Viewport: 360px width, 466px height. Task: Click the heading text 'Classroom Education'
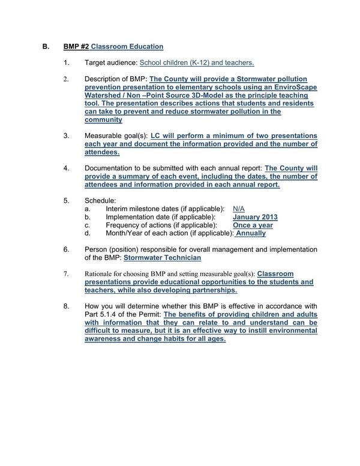pyautogui.click(x=127, y=46)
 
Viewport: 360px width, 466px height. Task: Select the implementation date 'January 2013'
pyautogui.click(x=254, y=217)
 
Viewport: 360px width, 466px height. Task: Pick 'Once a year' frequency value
pyautogui.click(x=253, y=225)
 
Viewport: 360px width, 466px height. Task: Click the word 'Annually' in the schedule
pyautogui.click(x=251, y=233)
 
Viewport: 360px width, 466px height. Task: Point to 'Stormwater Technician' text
pyautogui.click(x=162, y=257)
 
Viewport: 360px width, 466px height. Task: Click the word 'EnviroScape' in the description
pyautogui.click(x=293, y=87)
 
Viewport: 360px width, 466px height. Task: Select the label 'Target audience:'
pyautogui.click(x=111, y=62)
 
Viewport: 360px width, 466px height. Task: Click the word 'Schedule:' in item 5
pyautogui.click(x=100, y=199)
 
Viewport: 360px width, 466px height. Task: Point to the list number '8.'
pyautogui.click(x=67, y=306)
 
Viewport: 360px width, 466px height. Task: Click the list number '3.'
pyautogui.click(x=67, y=136)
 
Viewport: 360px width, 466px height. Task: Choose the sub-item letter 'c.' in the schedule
pyautogui.click(x=88, y=225)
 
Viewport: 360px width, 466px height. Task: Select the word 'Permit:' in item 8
pyautogui.click(x=147, y=315)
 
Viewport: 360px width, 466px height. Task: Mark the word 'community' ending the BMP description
pyautogui.click(x=104, y=120)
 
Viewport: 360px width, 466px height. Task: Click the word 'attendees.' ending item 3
pyautogui.click(x=102, y=152)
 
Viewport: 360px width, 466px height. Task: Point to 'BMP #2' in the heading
pyautogui.click(x=76, y=46)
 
